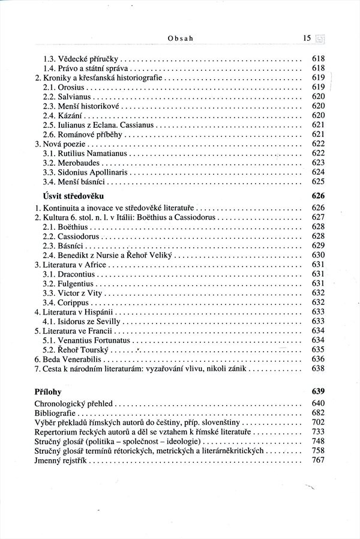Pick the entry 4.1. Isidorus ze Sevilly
tap(80, 320)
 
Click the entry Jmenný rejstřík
tap(62, 460)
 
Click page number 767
tap(318, 460)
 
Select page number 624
tap(318, 171)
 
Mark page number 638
tap(318, 368)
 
